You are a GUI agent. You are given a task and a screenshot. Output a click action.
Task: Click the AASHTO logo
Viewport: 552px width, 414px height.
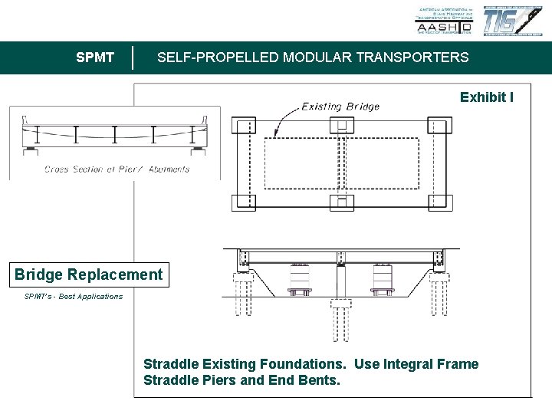(x=444, y=21)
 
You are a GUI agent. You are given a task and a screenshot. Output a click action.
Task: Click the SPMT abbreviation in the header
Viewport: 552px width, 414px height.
(x=96, y=58)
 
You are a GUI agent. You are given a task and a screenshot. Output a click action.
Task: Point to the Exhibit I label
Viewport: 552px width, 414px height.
(x=487, y=97)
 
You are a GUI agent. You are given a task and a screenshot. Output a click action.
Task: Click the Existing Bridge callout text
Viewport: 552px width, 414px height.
(x=340, y=107)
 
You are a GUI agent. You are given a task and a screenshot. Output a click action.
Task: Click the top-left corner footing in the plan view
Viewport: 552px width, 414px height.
(x=245, y=127)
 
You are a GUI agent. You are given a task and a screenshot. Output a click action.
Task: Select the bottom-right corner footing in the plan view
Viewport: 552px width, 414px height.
(x=439, y=202)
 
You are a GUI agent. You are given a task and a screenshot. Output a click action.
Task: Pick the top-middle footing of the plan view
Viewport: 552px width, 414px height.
(x=341, y=127)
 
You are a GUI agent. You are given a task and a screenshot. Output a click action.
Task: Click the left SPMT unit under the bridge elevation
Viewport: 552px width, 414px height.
(x=300, y=280)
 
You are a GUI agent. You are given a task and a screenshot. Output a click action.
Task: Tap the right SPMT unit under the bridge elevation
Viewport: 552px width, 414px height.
(x=383, y=280)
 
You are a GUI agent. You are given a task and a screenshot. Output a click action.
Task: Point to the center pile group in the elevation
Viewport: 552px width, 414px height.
(x=341, y=318)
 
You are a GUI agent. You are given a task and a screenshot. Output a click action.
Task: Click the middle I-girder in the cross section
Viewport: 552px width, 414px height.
(x=115, y=135)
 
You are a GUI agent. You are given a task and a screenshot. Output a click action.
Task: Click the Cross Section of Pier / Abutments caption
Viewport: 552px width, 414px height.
(x=117, y=169)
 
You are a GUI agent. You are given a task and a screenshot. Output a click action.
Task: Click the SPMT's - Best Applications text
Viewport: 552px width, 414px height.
(x=74, y=297)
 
